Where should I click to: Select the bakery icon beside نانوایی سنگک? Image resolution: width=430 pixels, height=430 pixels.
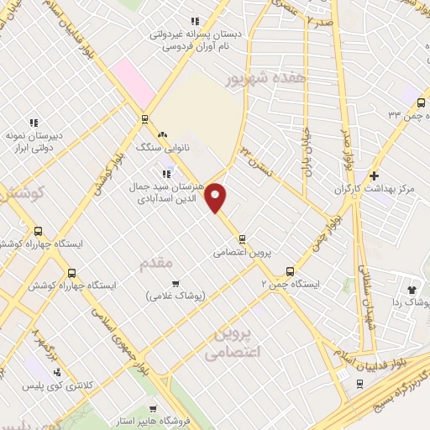[163, 134]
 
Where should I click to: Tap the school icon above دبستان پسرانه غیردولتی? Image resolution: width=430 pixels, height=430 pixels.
[195, 22]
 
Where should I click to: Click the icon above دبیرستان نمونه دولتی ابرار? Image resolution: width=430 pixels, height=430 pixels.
[34, 123]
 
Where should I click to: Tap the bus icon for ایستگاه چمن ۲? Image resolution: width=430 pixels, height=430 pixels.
[290, 271]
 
